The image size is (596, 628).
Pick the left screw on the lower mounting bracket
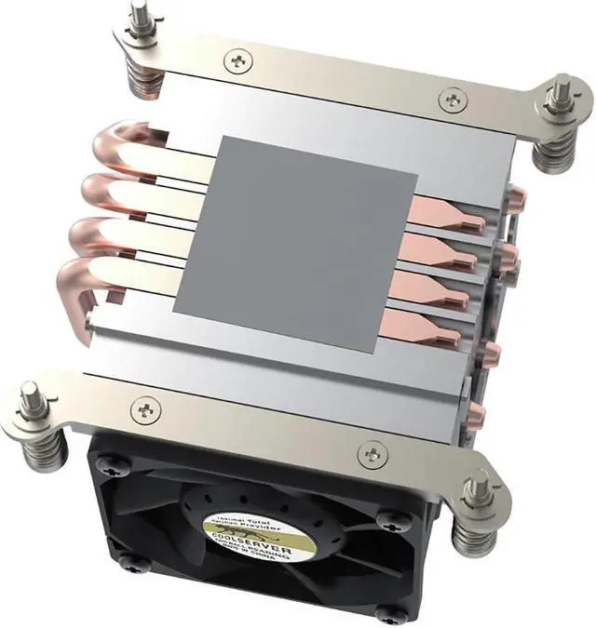pyautogui.click(x=142, y=407)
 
